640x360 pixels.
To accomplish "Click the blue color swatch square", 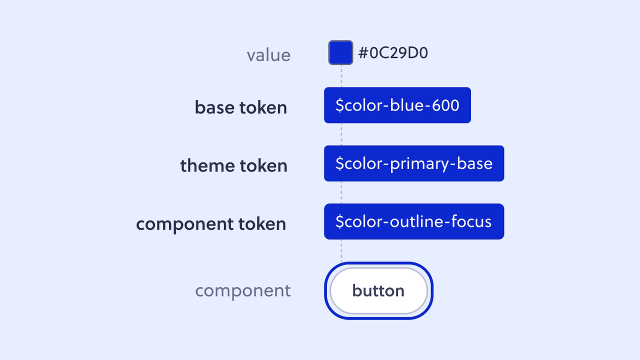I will pos(340,52).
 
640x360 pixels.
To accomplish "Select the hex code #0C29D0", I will pos(393,53).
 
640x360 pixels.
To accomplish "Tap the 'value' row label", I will pos(268,55).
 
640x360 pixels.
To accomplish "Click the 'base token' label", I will pos(241,107).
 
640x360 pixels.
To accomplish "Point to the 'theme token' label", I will pos(233,165).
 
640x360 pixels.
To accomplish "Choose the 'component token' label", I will pos(211,223).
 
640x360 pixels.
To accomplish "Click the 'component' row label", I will pos(243,290).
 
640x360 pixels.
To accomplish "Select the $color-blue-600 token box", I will pos(397,105).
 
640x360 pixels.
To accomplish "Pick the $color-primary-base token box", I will pos(414,163).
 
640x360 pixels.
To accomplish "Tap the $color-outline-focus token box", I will pos(414,221).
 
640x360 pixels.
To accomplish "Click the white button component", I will pos(378,290).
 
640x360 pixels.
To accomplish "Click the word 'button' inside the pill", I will pos(378,290).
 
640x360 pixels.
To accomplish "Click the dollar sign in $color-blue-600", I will pos(339,105).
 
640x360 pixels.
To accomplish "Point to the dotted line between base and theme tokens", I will pos(341,134).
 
